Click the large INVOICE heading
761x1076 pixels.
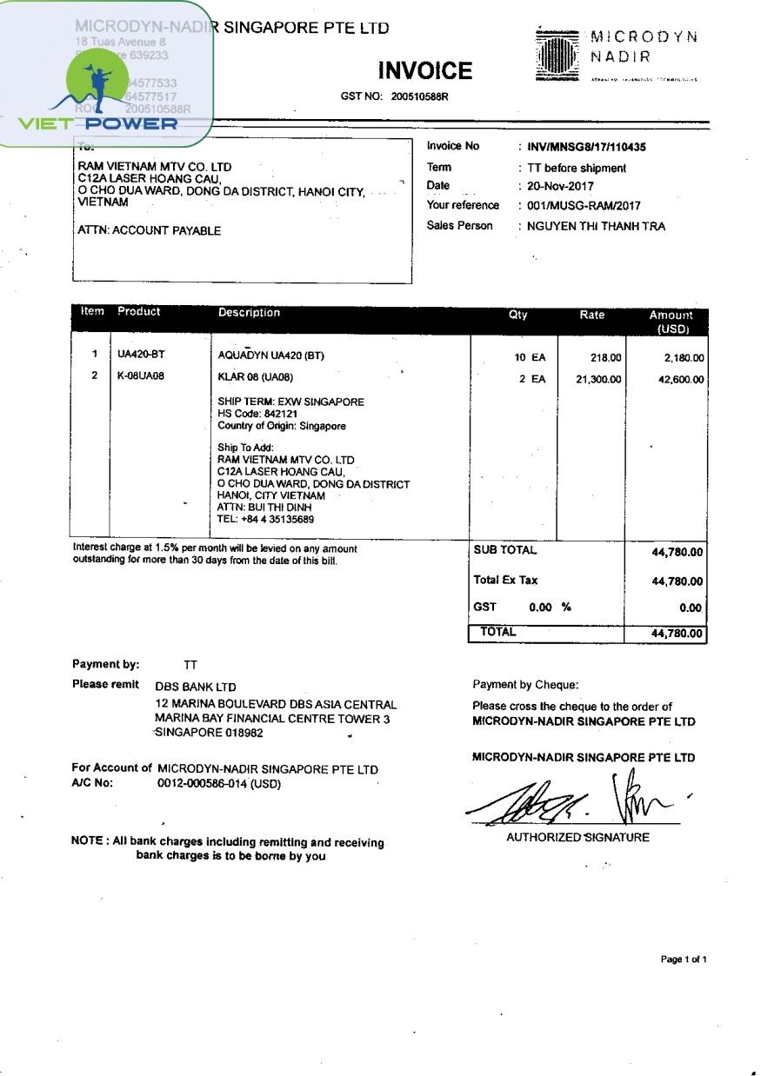click(x=425, y=70)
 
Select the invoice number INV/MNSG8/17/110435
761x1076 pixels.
click(x=586, y=148)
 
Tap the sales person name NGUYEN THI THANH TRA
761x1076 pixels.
click(x=596, y=227)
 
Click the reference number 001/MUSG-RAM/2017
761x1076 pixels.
click(x=584, y=206)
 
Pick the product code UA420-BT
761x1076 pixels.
click(x=141, y=355)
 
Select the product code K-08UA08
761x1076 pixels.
click(x=141, y=376)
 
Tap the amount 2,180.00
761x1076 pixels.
click(x=684, y=357)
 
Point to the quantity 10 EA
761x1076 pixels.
click(x=530, y=357)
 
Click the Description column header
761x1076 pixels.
click(x=249, y=313)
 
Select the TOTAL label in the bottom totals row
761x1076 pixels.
click(x=497, y=633)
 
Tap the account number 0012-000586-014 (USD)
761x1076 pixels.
click(x=219, y=783)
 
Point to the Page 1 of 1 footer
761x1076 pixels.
click(x=684, y=960)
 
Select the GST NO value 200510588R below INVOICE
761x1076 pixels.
click(x=419, y=96)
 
